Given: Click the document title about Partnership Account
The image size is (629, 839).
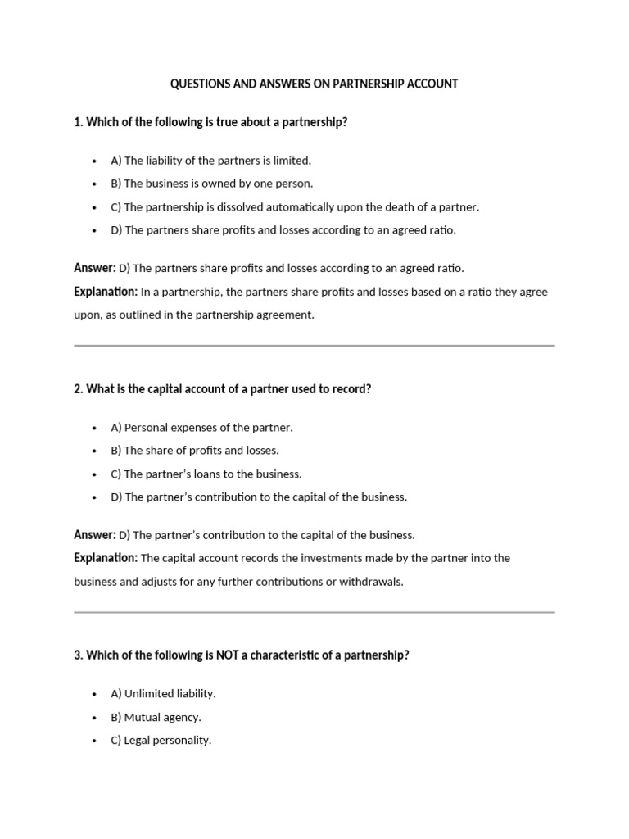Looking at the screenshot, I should point(314,84).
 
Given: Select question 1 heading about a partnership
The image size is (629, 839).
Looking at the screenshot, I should point(210,122).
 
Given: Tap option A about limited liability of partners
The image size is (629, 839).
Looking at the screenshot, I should point(210,161).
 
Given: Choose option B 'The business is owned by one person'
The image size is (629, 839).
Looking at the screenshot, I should point(211,184).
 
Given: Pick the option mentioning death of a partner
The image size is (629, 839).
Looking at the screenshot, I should point(295,207).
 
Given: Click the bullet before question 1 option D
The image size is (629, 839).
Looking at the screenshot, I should point(95,230).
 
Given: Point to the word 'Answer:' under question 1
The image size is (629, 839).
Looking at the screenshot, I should point(94,268).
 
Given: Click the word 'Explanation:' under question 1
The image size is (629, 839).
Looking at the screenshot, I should point(106,291).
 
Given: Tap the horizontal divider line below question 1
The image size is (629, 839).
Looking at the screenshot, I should point(314,346).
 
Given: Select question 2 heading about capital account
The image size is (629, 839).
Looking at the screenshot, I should point(222,389).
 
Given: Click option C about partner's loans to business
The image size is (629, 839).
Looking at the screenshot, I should point(206,474).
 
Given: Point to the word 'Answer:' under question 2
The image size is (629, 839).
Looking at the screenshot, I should point(94,535).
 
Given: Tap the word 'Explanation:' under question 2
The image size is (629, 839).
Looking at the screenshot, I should point(106,558).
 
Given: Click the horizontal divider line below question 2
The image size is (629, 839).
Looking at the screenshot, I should point(314,612).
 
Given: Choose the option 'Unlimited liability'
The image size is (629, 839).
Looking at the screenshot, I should point(163,694).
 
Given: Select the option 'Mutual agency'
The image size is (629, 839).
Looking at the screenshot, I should point(156,717).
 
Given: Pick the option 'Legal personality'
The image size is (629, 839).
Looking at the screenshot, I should point(161,740).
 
